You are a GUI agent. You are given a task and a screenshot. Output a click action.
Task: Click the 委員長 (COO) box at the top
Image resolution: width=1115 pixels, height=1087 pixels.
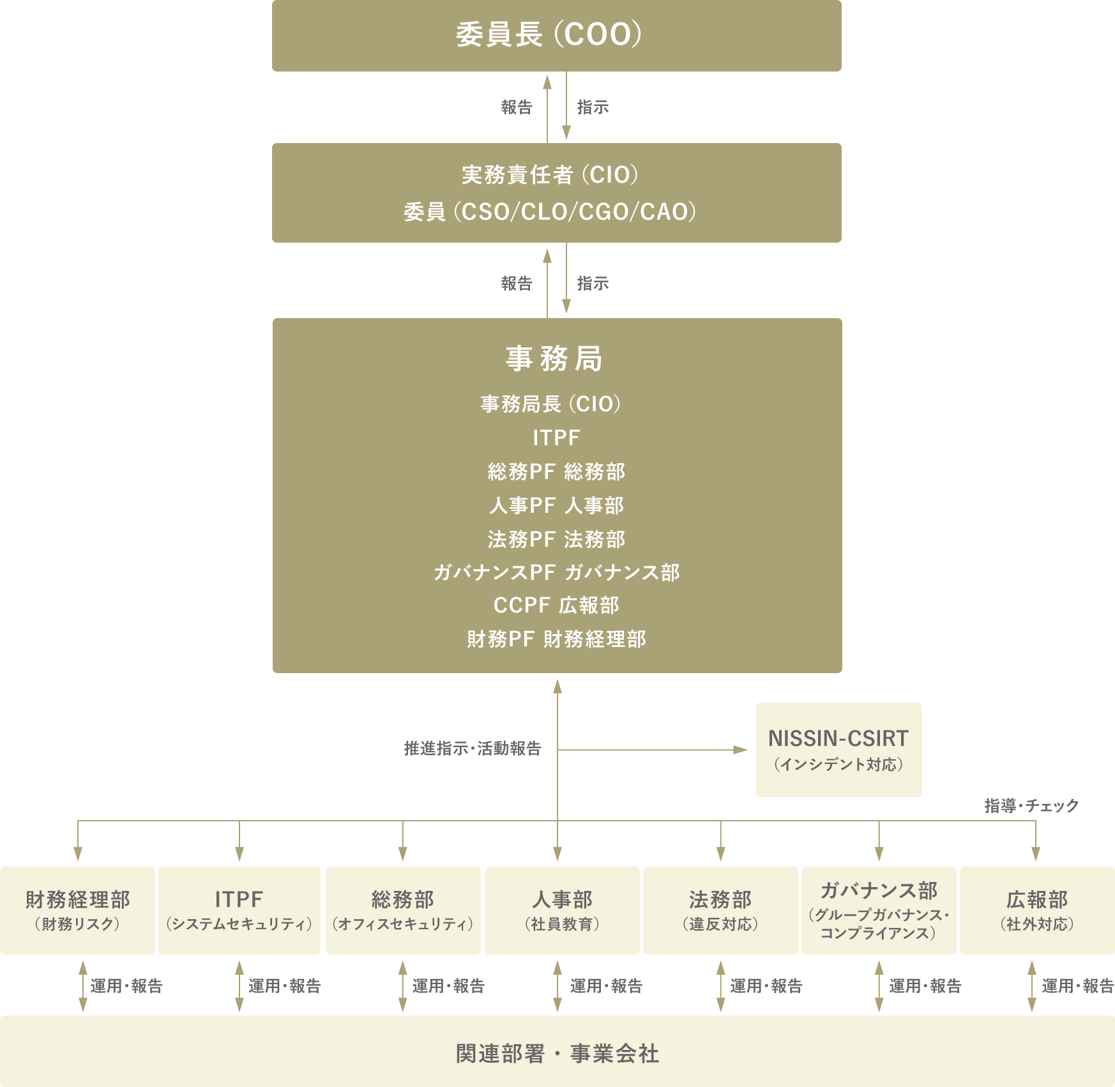(556, 35)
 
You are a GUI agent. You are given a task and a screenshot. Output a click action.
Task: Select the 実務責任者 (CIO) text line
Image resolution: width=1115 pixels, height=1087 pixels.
(550, 174)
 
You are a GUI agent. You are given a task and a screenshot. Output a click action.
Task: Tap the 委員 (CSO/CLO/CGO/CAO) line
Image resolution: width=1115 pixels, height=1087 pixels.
(550, 211)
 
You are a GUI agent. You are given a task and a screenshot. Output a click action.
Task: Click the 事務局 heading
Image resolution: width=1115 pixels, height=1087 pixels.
(554, 358)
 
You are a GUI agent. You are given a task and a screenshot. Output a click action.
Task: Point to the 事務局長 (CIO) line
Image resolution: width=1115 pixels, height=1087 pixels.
(550, 404)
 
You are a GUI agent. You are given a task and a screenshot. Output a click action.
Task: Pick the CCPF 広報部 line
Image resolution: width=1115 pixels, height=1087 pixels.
(556, 605)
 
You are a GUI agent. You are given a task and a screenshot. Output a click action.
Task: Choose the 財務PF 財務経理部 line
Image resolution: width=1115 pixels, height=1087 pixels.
(556, 639)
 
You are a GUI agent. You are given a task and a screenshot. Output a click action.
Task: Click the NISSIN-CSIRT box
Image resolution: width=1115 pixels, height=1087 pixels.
(838, 749)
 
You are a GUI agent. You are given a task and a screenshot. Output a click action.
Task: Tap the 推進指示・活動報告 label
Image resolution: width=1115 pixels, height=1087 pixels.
(473, 748)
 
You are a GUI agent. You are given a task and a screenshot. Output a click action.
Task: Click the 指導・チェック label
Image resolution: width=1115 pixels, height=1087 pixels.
(1031, 805)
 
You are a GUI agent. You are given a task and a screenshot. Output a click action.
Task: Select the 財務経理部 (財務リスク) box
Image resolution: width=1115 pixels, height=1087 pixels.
(77, 910)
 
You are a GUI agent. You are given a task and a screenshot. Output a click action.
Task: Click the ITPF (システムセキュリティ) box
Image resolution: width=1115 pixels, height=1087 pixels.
(239, 910)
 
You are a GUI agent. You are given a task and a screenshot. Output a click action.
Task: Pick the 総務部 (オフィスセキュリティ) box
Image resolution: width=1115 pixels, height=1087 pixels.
(402, 910)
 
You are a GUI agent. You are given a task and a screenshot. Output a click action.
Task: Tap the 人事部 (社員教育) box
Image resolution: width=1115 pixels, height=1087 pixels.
(562, 910)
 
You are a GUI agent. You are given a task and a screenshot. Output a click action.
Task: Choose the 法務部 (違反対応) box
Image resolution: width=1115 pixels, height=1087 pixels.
(720, 910)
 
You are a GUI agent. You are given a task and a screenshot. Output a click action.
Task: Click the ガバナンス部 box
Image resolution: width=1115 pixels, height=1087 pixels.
(879, 910)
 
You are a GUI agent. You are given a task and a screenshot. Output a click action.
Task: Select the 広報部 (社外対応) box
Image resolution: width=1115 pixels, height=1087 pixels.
(1037, 910)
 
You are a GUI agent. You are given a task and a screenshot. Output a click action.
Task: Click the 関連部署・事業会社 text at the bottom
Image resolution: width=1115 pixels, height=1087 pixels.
(557, 1053)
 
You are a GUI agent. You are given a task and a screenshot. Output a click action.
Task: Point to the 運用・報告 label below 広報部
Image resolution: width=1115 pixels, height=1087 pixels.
(1077, 985)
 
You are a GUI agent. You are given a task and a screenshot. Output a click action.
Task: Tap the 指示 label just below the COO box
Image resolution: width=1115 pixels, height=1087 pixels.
(593, 107)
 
